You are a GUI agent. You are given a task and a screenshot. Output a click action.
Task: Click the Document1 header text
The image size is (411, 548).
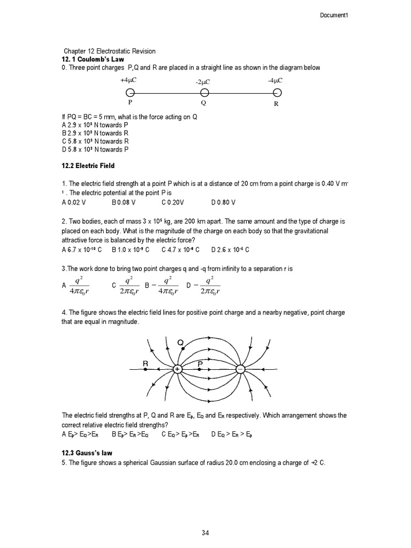coord(334,14)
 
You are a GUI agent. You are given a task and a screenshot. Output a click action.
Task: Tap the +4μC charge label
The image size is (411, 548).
coord(130,80)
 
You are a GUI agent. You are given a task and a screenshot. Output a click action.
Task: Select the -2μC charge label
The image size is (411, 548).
coord(203,82)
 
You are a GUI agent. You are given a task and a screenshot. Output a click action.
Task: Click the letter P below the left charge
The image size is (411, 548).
coord(130,104)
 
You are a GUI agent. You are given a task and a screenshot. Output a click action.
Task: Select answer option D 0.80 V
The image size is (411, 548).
coord(223,203)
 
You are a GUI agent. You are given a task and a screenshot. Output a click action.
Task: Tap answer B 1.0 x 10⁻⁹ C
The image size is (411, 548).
coord(128,249)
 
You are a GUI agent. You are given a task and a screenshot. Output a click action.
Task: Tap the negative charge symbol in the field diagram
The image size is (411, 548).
coord(240,369)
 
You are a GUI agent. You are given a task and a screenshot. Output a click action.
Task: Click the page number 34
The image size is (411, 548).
coord(205,532)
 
